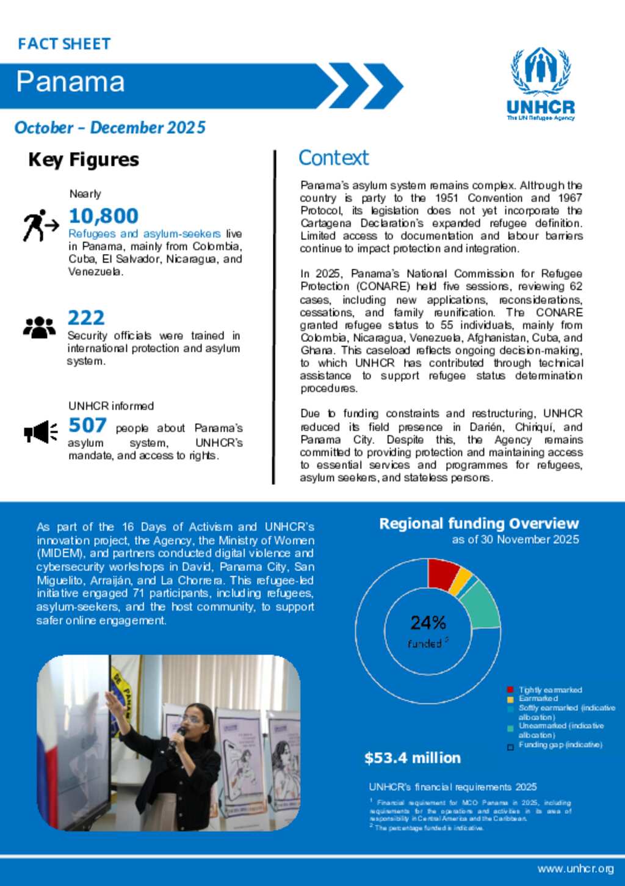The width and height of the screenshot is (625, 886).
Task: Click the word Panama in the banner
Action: [x=70, y=82]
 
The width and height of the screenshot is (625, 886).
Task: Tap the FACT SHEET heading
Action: [x=64, y=44]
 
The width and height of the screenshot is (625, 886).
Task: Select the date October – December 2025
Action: [x=110, y=128]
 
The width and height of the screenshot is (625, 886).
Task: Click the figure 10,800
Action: [x=103, y=216]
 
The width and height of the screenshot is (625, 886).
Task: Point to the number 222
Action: [x=86, y=318]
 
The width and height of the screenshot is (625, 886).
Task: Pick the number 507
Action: [x=87, y=425]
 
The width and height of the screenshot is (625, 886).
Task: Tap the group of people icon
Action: [x=39, y=327]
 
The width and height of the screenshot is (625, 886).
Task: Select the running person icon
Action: [x=40, y=225]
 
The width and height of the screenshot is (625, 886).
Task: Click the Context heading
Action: [x=333, y=158]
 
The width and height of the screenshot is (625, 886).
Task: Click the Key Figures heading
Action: [x=84, y=160]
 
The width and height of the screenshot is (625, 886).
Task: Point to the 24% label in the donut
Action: [x=428, y=623]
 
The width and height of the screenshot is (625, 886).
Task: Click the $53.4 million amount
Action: [x=413, y=758]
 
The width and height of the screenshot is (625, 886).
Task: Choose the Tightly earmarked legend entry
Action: [x=550, y=690]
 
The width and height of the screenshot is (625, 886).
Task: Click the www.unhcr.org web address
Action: [x=576, y=869]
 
